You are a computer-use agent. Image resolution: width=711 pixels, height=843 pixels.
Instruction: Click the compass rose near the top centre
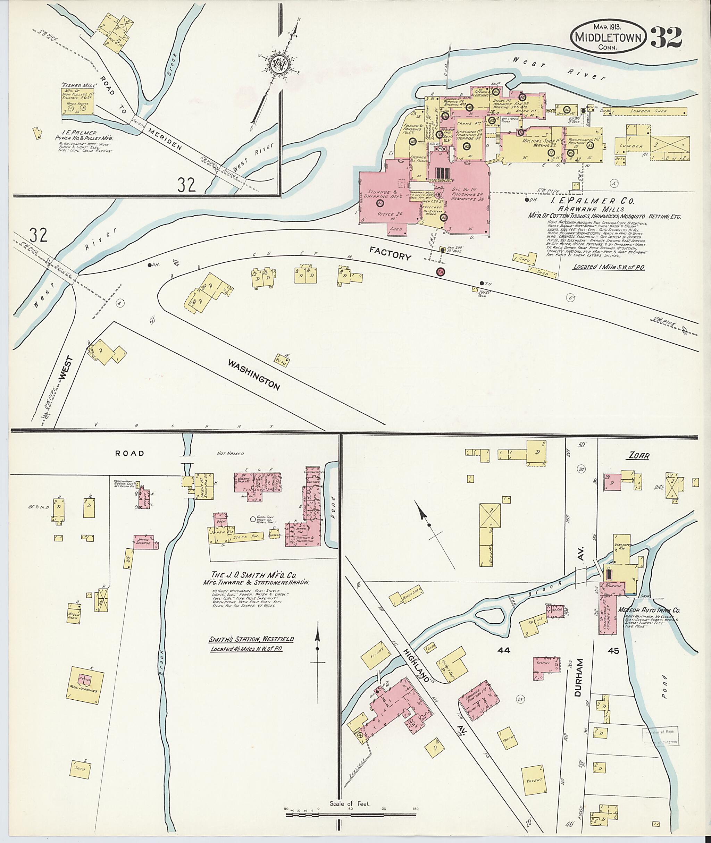(x=278, y=65)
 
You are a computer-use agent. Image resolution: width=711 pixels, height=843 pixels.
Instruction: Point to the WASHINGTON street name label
(x=254, y=375)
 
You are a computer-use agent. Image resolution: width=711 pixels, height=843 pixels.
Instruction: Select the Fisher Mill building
(x=78, y=101)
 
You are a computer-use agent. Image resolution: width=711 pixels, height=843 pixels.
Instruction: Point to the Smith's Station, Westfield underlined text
(x=251, y=639)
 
